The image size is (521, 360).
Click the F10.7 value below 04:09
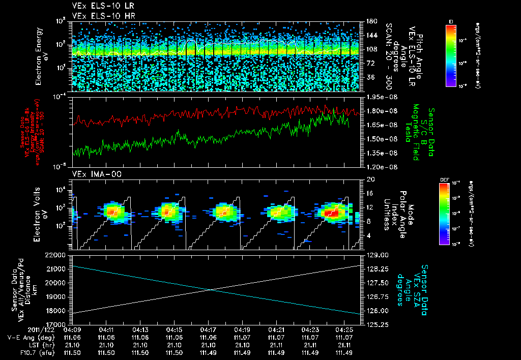click(x=73, y=352)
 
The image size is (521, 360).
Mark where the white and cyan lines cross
click(x=211, y=290)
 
